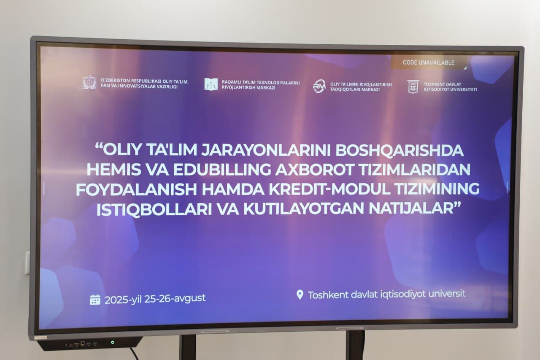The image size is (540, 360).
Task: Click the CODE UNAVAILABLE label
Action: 428,62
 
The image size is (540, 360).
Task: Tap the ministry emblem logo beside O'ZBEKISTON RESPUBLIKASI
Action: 89,83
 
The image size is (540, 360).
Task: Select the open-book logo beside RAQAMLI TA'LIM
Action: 211,84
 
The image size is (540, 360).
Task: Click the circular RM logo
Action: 319,86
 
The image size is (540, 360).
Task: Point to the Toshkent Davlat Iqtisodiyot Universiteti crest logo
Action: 413,87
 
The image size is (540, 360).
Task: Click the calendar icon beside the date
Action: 95,300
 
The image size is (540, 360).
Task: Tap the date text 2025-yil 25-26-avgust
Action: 155,299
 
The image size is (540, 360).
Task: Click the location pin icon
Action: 300,295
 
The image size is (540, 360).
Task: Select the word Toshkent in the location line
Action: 328,295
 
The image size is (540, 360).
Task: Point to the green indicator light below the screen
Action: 113,342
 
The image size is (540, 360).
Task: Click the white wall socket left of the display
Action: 27,263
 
